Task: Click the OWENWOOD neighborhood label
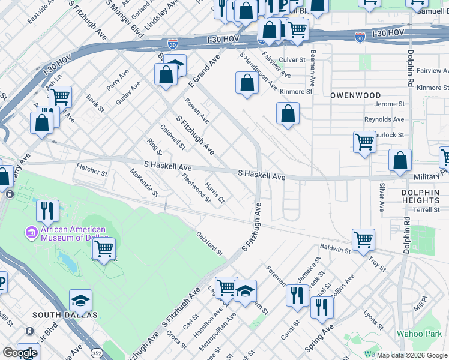pyautogui.click(x=355, y=95)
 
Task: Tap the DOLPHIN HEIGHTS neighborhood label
pyautogui.click(x=421, y=196)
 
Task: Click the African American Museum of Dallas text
pyautogui.click(x=73, y=233)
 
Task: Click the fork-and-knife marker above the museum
pyautogui.click(x=47, y=211)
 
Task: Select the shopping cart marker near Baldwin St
pyautogui.click(x=363, y=239)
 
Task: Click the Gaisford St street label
pyautogui.click(x=209, y=243)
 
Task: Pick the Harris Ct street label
pyautogui.click(x=214, y=192)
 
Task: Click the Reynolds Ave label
pyautogui.click(x=384, y=120)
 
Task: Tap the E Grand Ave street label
pyautogui.click(x=205, y=71)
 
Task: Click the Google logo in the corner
pyautogui.click(x=20, y=353)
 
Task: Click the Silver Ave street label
pyautogui.click(x=382, y=198)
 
